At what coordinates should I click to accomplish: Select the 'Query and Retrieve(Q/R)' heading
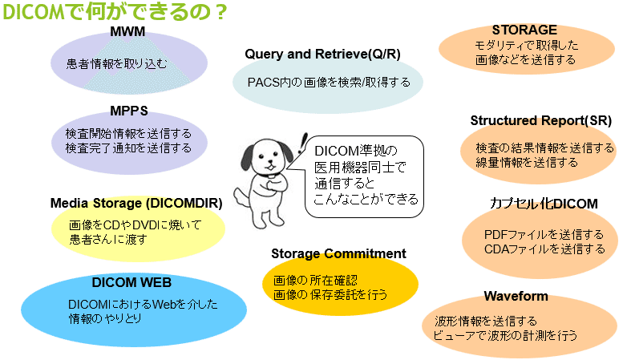(x=322, y=54)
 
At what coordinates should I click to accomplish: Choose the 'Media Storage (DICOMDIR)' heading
(x=136, y=203)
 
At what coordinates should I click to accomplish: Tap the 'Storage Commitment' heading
(x=338, y=253)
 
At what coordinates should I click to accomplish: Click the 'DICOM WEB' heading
(x=131, y=281)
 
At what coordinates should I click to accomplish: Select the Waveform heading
(x=516, y=296)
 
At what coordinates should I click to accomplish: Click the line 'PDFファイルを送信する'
(x=544, y=235)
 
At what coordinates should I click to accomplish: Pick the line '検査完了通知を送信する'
(x=128, y=148)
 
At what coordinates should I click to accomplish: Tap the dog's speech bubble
(x=362, y=174)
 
